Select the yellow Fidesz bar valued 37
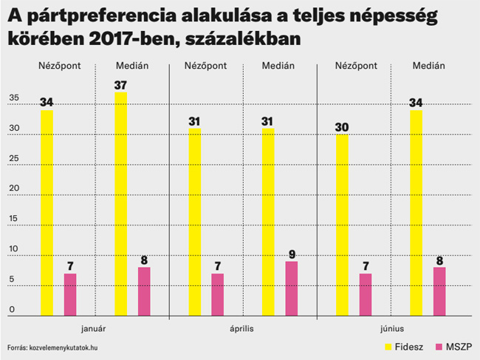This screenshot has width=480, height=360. coord(120,204)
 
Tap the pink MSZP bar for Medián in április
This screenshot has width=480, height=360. coord(291,288)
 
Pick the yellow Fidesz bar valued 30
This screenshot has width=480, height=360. coord(341,225)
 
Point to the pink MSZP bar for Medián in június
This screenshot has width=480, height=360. coord(439,291)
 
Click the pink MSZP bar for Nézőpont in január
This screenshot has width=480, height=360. coord(70,294)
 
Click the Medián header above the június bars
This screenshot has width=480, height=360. coord(428,66)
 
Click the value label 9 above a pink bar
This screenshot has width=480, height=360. coord(292,253)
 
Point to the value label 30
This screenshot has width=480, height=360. coord(342,126)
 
